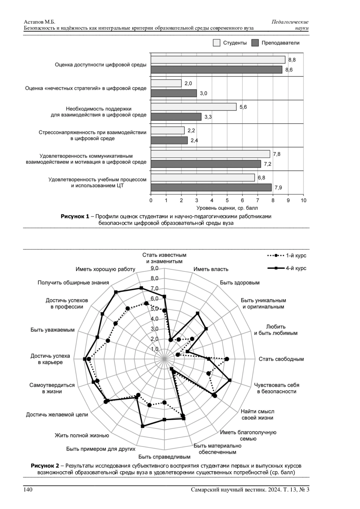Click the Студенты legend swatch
pos(217,43)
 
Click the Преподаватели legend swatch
pos(255,43)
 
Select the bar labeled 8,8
pos(218,60)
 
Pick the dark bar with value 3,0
pos(174,93)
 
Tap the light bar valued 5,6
pos(193,107)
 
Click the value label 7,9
pos(278,188)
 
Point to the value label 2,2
pos(191,130)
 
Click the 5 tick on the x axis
pos(227,200)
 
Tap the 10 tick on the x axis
pos(303,200)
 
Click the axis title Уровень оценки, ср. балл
pos(227,208)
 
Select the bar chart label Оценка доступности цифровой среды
pos(100,64)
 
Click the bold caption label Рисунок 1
pos(75,217)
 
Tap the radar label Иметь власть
pos(211,269)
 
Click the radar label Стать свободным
pos(281,359)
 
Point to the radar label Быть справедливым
pos(164,457)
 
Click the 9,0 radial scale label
pos(154,268)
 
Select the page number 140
pos(28,490)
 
